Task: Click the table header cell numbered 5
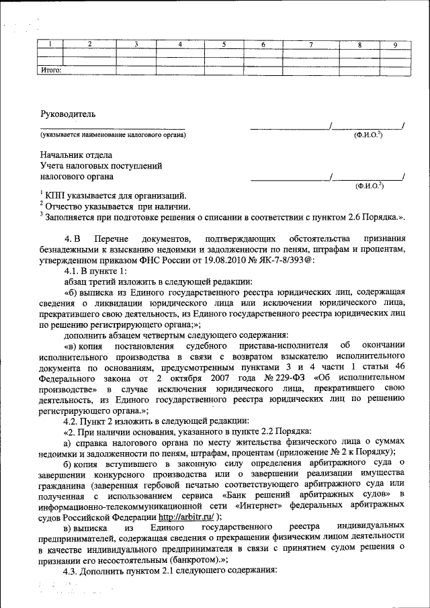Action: pos(224,44)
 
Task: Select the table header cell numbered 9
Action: pos(395,44)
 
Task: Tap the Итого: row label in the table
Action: pos(52,69)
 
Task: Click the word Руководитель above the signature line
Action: pos(69,114)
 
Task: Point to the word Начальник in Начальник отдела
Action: pos(61,154)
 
